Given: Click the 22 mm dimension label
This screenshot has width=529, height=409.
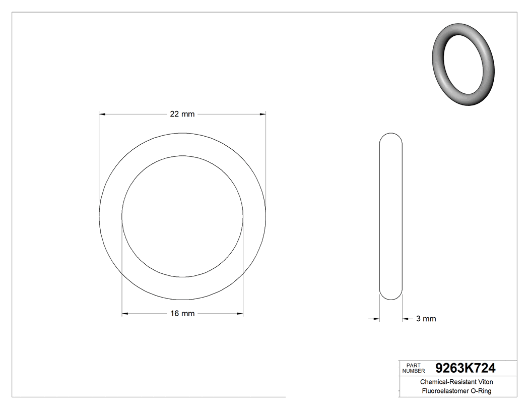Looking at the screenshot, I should (182, 114).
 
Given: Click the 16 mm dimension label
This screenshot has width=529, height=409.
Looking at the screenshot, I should (182, 314).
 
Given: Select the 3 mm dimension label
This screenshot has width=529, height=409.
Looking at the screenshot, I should (426, 319).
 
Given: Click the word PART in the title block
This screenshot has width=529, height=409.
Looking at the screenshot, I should (413, 365).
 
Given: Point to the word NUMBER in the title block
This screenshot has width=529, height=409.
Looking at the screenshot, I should (413, 371).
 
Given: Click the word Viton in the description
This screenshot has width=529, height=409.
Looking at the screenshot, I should (484, 382).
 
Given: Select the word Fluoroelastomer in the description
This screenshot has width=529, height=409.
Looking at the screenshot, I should (445, 391).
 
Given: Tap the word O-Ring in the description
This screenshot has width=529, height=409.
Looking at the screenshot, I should (480, 391).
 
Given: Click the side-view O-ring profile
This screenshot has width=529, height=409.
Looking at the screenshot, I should (390, 216).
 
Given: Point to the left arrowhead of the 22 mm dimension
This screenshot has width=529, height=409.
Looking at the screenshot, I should (102, 114).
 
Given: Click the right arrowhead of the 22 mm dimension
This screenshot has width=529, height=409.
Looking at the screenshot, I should (262, 114).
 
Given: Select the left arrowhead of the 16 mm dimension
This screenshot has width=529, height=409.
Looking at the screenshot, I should (125, 314).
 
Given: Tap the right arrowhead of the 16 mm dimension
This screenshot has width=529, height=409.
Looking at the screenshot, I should (240, 314).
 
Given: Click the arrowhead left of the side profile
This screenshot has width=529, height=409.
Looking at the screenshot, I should (376, 319).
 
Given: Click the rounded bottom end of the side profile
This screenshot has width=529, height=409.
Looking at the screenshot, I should (390, 298).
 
